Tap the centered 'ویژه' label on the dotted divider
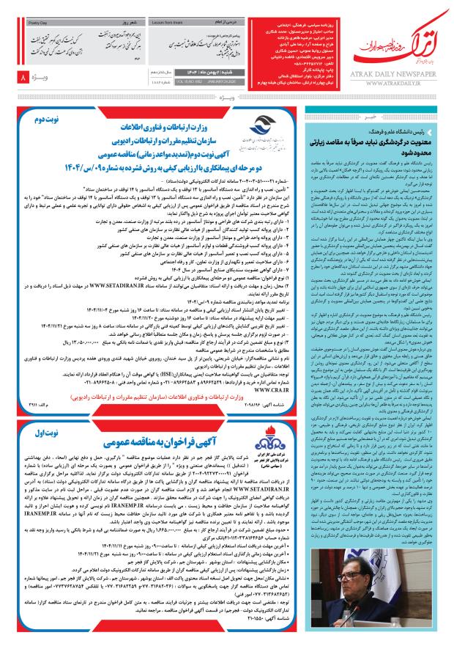point(226,95)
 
